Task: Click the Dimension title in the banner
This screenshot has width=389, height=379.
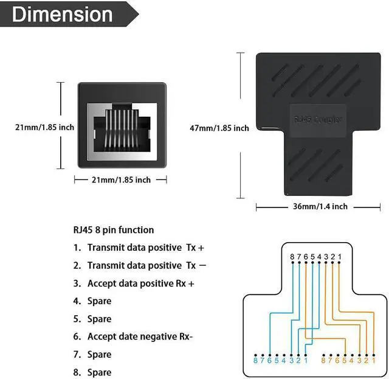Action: (x=62, y=15)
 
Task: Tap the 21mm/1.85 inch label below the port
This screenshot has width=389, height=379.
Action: (x=120, y=179)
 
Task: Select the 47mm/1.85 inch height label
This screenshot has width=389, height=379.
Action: (x=219, y=128)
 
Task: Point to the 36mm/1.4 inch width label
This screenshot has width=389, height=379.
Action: (x=320, y=206)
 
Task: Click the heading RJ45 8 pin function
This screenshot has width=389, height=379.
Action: (x=113, y=230)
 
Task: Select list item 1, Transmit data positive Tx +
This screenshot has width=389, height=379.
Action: (x=139, y=248)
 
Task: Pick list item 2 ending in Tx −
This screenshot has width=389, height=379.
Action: (x=139, y=265)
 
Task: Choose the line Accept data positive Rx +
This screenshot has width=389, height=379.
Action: (x=134, y=283)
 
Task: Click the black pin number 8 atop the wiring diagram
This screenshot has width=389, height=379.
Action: (x=292, y=257)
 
